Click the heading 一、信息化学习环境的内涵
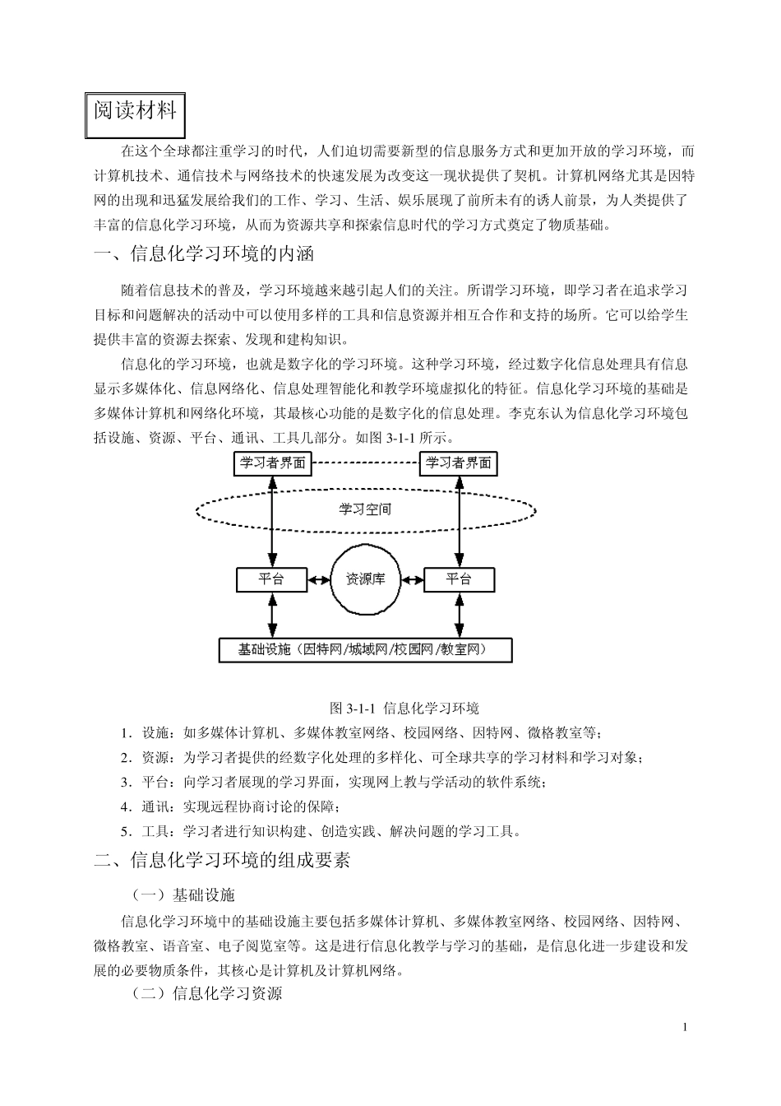tap(205, 253)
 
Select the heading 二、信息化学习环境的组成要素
tap(223, 861)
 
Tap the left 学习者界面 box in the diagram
tap(272, 463)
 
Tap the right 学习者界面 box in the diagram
tap(459, 463)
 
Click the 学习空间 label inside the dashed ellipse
tap(365, 509)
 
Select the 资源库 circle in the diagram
tap(365, 579)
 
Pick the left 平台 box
tap(271, 579)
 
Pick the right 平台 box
tap(459, 579)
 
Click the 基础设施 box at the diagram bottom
tap(365, 650)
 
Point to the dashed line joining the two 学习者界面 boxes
tap(365, 462)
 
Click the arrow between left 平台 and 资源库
tap(319, 579)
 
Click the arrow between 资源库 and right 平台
tap(411, 579)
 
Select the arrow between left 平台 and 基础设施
tap(271, 615)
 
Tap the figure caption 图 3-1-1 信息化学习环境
tap(404, 708)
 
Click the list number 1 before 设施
tap(124, 733)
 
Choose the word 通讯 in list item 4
tap(155, 806)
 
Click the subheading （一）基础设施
tap(183, 895)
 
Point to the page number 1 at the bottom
tap(686, 1027)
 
